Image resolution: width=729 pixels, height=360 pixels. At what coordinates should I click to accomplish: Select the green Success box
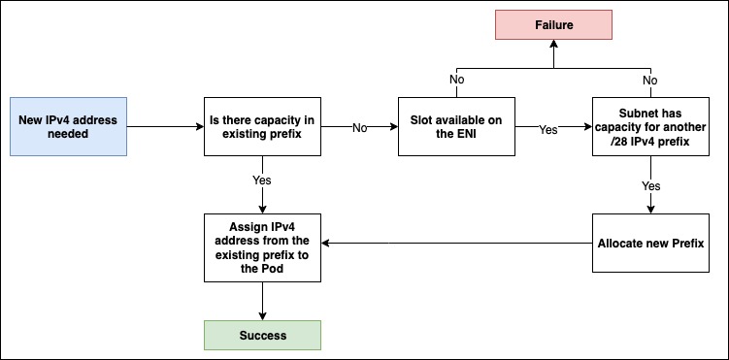[x=262, y=335]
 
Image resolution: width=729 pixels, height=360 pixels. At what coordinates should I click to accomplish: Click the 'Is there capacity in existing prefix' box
[x=262, y=127]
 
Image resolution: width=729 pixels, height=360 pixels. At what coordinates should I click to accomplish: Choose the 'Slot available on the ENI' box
[x=455, y=127]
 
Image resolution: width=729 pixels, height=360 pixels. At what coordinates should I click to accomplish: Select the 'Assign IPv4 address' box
[x=262, y=247]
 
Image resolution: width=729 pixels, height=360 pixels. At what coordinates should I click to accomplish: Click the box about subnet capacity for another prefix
[x=649, y=127]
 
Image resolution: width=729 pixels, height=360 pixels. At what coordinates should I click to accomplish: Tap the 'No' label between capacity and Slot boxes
[x=359, y=127]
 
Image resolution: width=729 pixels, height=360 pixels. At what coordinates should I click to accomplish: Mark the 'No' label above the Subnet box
[x=649, y=81]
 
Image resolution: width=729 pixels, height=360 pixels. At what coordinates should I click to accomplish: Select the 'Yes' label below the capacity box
[x=262, y=180]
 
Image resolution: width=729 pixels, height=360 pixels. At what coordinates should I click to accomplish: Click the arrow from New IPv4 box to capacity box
[x=165, y=127]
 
